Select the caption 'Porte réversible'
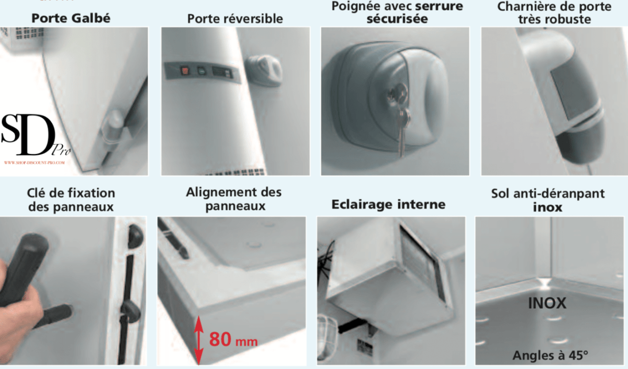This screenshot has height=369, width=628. (235, 19)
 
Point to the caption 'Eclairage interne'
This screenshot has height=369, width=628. (388, 204)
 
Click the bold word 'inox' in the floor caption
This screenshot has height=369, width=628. (547, 207)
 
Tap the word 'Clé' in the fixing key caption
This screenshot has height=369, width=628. (38, 193)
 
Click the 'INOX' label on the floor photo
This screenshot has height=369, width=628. (547, 303)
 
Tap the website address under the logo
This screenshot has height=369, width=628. (35, 163)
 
